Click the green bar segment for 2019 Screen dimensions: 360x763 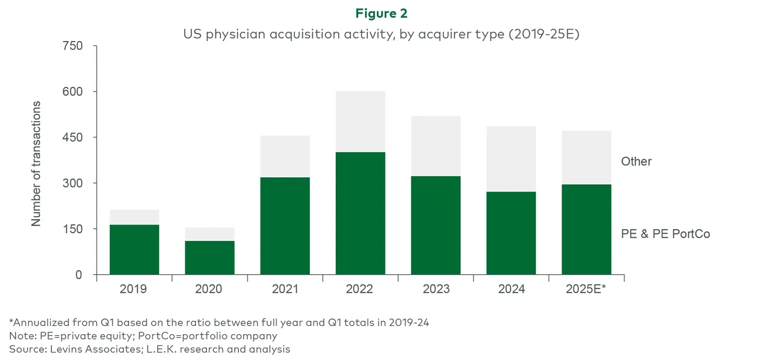point(134,250)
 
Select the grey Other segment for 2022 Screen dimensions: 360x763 point(360,122)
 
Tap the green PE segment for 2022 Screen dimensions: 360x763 point(360,213)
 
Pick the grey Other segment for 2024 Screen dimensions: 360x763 point(511,159)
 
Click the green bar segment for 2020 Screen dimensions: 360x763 point(210,258)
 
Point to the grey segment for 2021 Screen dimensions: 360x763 point(285,156)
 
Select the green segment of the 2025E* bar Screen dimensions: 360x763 point(586,230)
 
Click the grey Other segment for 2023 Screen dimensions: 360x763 point(436,146)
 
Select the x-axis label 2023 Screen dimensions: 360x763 point(436,289)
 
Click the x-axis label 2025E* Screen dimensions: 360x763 point(586,289)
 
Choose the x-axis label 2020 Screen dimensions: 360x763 point(210,289)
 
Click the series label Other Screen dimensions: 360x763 point(636,162)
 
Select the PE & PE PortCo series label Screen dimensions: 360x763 point(666,234)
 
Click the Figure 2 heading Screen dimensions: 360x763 point(381,13)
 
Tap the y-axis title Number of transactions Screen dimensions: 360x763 point(36,164)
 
